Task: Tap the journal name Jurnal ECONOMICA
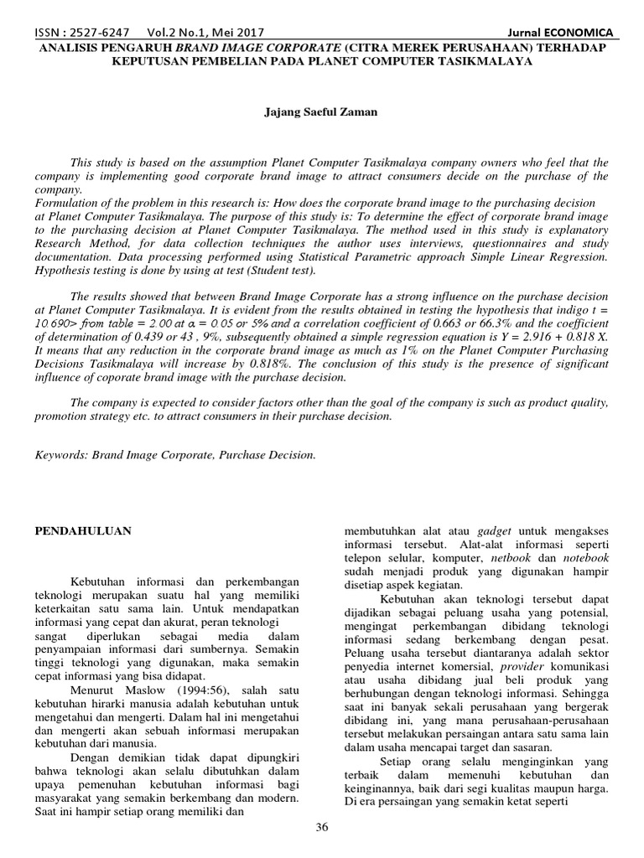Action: [563, 33]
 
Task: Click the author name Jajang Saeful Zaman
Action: [321, 111]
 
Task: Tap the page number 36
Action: [322, 828]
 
